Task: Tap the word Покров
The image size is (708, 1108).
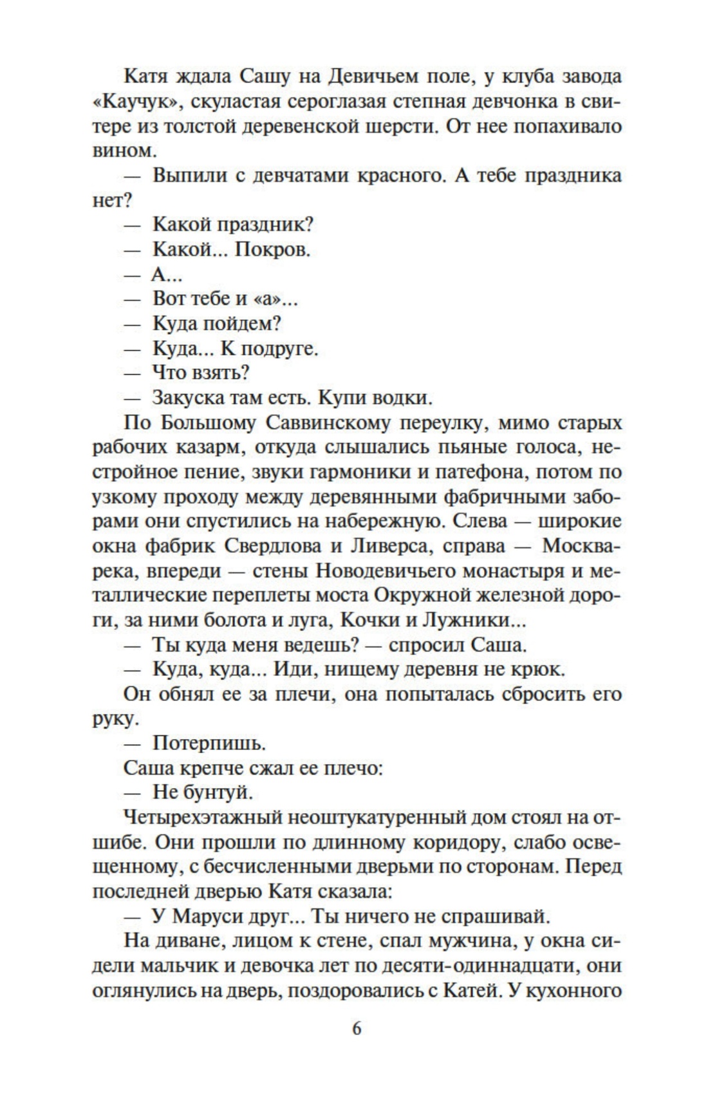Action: pos(272,249)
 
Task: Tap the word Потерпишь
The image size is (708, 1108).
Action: pos(209,744)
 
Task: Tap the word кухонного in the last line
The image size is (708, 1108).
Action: pos(573,991)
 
